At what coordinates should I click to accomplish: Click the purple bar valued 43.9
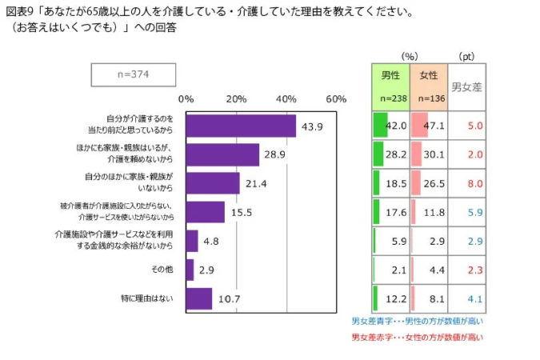[x=240, y=126]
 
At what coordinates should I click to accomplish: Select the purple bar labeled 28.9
[x=222, y=154]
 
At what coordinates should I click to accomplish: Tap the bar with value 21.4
[x=212, y=183]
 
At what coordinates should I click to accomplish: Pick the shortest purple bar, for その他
[x=190, y=270]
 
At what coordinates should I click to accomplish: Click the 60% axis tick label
[x=336, y=99]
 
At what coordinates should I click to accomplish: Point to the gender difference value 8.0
[x=475, y=183]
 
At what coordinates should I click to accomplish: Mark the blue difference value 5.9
[x=475, y=212]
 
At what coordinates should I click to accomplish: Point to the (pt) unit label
[x=466, y=57]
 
